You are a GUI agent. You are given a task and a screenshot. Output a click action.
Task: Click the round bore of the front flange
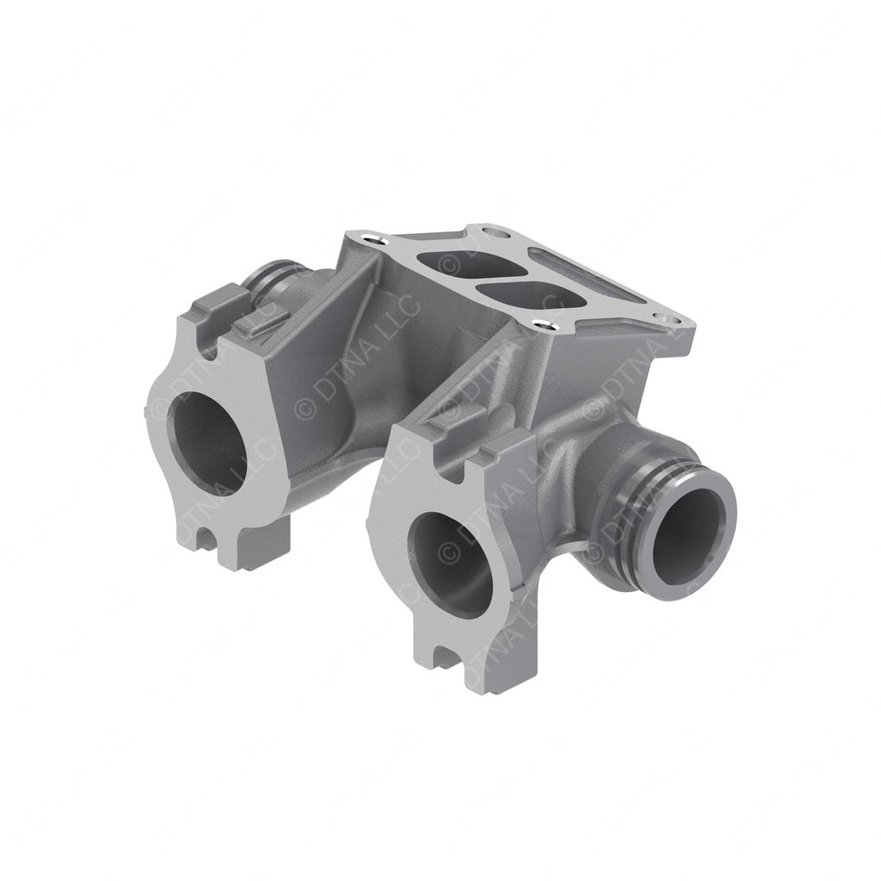448,564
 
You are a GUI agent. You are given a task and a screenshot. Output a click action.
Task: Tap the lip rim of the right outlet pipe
727,516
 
